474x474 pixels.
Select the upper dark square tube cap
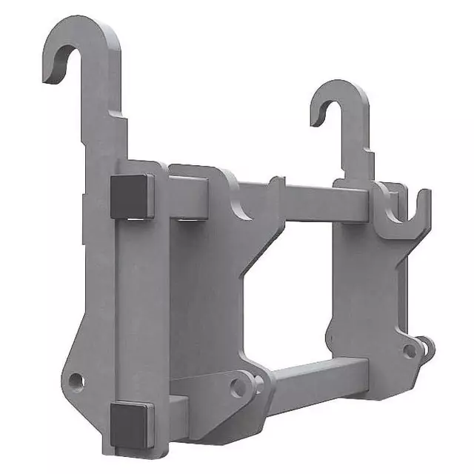(132, 197)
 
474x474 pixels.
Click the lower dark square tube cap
(131, 424)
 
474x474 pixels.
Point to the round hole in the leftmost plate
(75, 381)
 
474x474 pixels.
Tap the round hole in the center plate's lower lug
(237, 387)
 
